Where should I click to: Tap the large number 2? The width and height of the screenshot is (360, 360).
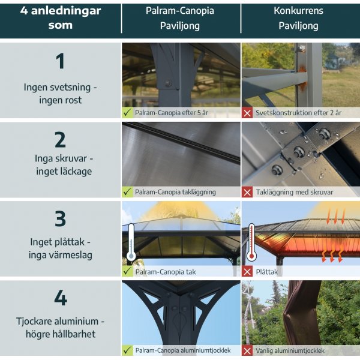[x=60, y=139]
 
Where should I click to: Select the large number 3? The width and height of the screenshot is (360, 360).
[x=60, y=218]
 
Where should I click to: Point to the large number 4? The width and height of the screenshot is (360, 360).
[x=60, y=298]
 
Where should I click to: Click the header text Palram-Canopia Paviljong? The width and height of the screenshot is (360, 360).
[x=179, y=19]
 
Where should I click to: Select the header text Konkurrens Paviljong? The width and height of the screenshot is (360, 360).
[x=298, y=19]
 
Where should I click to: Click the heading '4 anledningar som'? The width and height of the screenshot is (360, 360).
[x=60, y=18]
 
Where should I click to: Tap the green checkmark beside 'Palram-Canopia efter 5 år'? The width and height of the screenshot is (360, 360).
[x=127, y=112]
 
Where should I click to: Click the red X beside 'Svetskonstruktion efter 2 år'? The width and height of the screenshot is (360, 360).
[x=247, y=112]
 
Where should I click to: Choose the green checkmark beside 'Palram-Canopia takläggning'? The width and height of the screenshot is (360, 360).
[x=127, y=192]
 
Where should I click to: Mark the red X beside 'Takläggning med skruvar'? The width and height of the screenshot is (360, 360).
[x=247, y=192]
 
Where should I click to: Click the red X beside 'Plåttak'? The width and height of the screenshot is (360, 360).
[x=247, y=271]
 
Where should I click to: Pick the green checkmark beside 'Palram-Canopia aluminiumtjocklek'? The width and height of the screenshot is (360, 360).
[x=127, y=350]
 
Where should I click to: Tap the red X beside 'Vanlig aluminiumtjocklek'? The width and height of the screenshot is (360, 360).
[x=247, y=350]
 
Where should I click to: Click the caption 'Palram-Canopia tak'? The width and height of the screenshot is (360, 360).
[x=165, y=272]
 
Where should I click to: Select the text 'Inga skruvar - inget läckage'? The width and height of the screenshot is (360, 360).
[x=60, y=165]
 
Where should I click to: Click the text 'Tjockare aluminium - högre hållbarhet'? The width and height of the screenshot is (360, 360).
[x=60, y=327]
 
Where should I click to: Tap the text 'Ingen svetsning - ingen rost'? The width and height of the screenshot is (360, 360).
[x=60, y=94]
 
